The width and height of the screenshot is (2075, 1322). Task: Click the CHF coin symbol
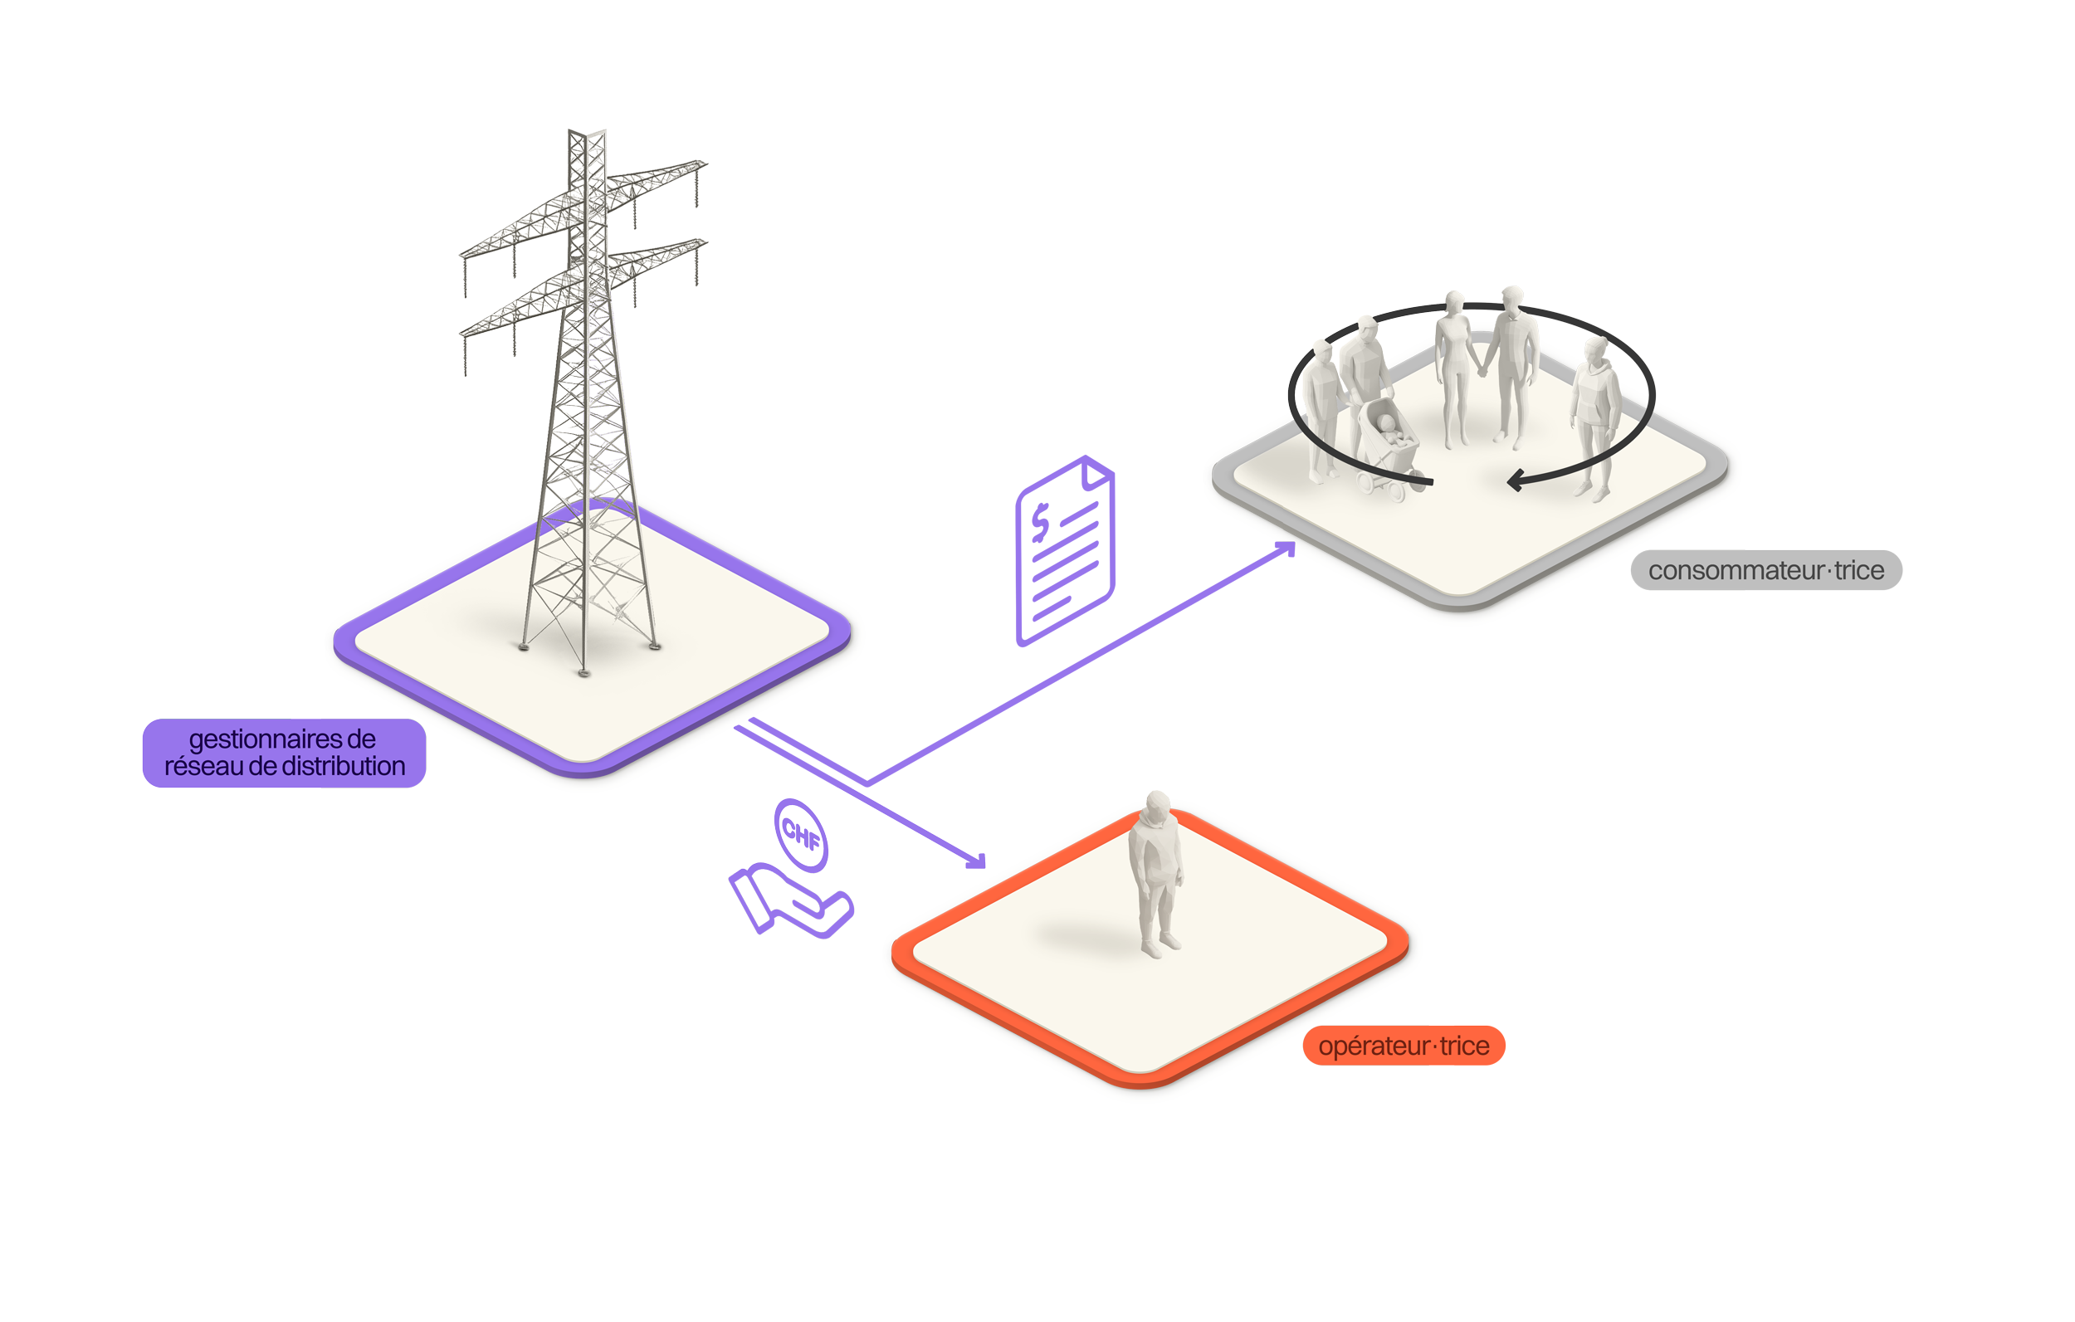(x=800, y=834)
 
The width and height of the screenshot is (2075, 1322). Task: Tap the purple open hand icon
(x=789, y=901)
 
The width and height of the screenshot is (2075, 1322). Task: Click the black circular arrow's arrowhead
(x=1515, y=480)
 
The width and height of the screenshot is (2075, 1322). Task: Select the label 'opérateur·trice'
(x=1404, y=1046)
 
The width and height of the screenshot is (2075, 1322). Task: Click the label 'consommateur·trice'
(x=1765, y=570)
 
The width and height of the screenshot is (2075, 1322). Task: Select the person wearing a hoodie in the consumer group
(x=1594, y=413)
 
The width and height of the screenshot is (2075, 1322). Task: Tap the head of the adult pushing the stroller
(x=1367, y=329)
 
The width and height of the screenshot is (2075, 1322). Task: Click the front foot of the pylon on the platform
(x=584, y=672)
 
